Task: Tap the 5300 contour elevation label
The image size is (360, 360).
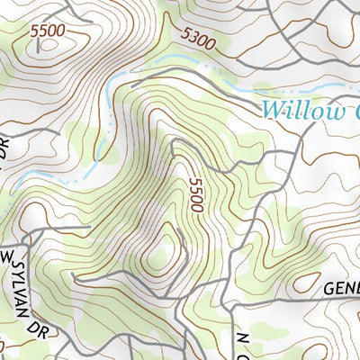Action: click(x=198, y=37)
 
